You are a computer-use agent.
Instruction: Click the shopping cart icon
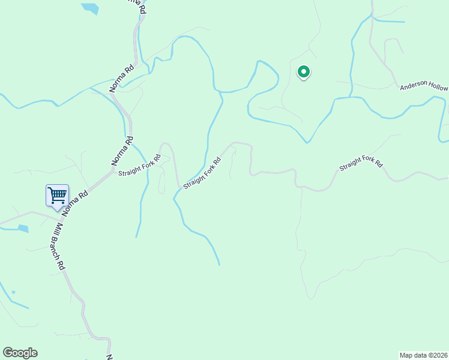tap(57, 194)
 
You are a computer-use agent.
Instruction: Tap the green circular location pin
tap(304, 73)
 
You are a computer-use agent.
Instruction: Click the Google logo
tap(20, 353)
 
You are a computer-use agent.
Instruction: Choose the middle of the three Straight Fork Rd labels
tap(202, 173)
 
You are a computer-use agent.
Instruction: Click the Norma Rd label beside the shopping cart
tap(74, 203)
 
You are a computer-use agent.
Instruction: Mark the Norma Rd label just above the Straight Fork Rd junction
tap(122, 152)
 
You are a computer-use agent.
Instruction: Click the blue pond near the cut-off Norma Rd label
tap(90, 8)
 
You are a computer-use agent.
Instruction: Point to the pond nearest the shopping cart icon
tap(23, 229)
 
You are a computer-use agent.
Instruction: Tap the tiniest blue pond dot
tap(13, 292)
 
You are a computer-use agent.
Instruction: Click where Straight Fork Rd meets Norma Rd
tap(113, 171)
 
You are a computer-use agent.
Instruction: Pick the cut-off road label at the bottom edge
tap(109, 357)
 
